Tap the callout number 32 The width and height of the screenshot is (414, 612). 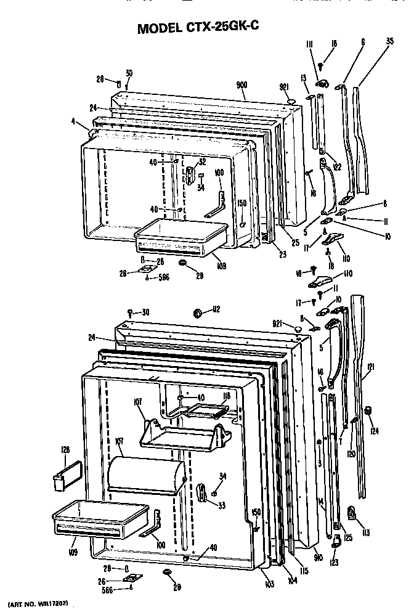point(203,162)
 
